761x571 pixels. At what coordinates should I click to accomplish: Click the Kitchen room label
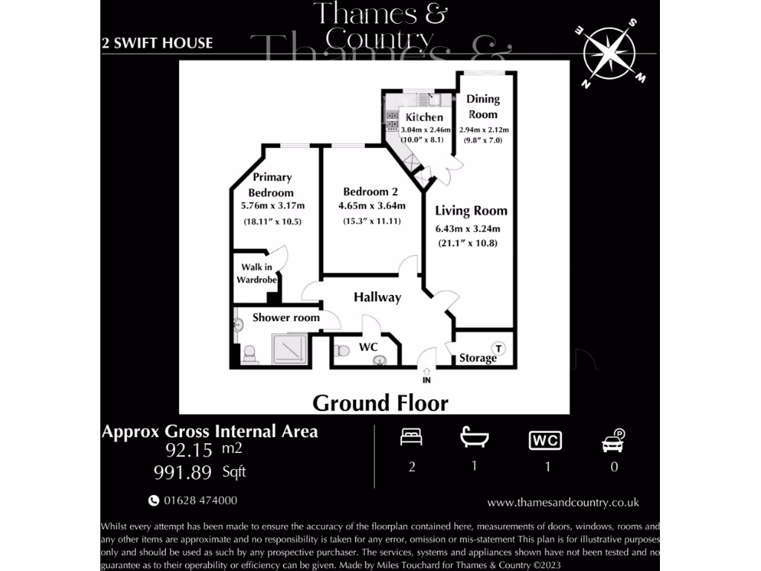424,117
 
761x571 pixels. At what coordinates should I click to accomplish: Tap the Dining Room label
482,106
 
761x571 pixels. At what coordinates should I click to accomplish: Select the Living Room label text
471,211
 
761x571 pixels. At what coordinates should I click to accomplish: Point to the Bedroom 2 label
371,192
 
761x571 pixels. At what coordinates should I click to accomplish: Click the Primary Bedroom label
272,184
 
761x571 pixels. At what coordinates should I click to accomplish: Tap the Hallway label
377,297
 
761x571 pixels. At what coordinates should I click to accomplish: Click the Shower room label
285,317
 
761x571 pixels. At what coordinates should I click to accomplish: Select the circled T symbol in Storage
499,348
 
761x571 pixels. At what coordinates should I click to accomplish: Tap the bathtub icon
473,438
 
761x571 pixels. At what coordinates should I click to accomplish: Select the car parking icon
612,442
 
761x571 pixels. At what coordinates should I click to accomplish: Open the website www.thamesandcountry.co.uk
563,502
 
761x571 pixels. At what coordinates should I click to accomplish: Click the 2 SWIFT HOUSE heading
157,43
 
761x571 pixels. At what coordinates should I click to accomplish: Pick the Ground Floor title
380,403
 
